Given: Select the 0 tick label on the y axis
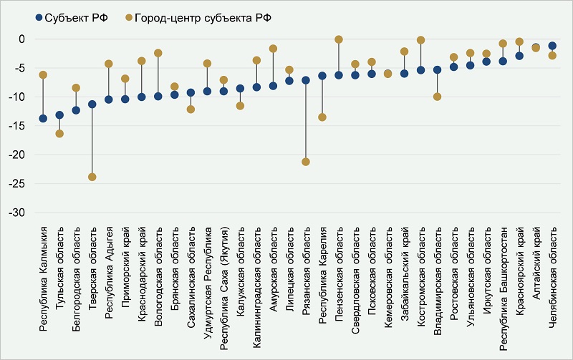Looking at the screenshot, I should pyautogui.click(x=21, y=39).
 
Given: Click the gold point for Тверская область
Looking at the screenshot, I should pyautogui.click(x=92, y=177).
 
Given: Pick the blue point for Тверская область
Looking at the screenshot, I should pyautogui.click(x=92, y=104).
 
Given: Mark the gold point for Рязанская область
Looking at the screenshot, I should pyautogui.click(x=306, y=162).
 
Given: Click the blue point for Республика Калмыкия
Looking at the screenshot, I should pyautogui.click(x=43, y=118).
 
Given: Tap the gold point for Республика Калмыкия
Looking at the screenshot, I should pyautogui.click(x=43, y=74).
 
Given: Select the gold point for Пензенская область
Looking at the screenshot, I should pyautogui.click(x=339, y=39).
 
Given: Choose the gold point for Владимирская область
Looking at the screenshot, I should pyautogui.click(x=438, y=97).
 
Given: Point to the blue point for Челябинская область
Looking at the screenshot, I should pyautogui.click(x=552, y=46).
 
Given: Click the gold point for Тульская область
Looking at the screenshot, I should pyautogui.click(x=59, y=134).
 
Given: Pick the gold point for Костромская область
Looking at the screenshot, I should pyautogui.click(x=421, y=40).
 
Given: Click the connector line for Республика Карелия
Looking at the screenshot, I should pyautogui.click(x=322, y=97).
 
